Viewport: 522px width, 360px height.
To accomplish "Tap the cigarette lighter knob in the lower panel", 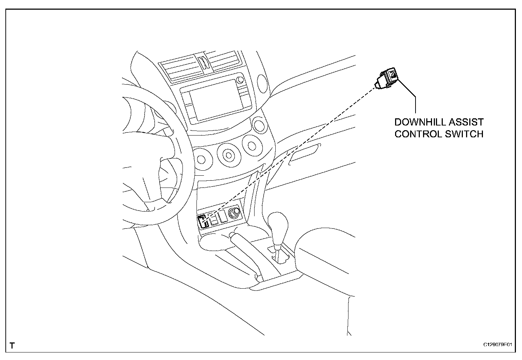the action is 236,213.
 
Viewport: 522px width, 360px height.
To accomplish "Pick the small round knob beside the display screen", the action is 239,79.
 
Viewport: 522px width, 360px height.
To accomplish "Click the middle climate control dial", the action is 228,155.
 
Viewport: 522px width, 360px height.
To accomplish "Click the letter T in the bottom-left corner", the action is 12,346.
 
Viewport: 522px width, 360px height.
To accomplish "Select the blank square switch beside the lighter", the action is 222,217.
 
